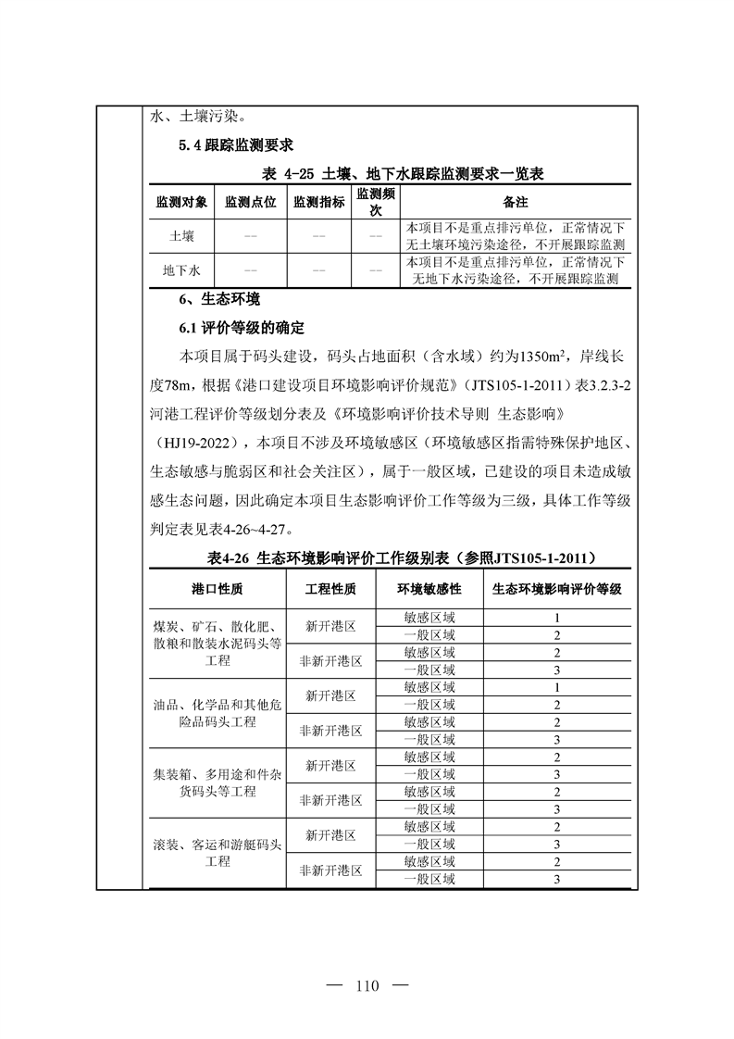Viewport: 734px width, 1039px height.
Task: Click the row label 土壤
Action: (181, 236)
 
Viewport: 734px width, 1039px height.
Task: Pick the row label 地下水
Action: (181, 270)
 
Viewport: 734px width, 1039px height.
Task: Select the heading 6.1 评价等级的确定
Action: (241, 328)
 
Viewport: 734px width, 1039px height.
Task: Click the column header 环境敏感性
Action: (429, 589)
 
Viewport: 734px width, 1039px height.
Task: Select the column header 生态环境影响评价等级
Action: (556, 589)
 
